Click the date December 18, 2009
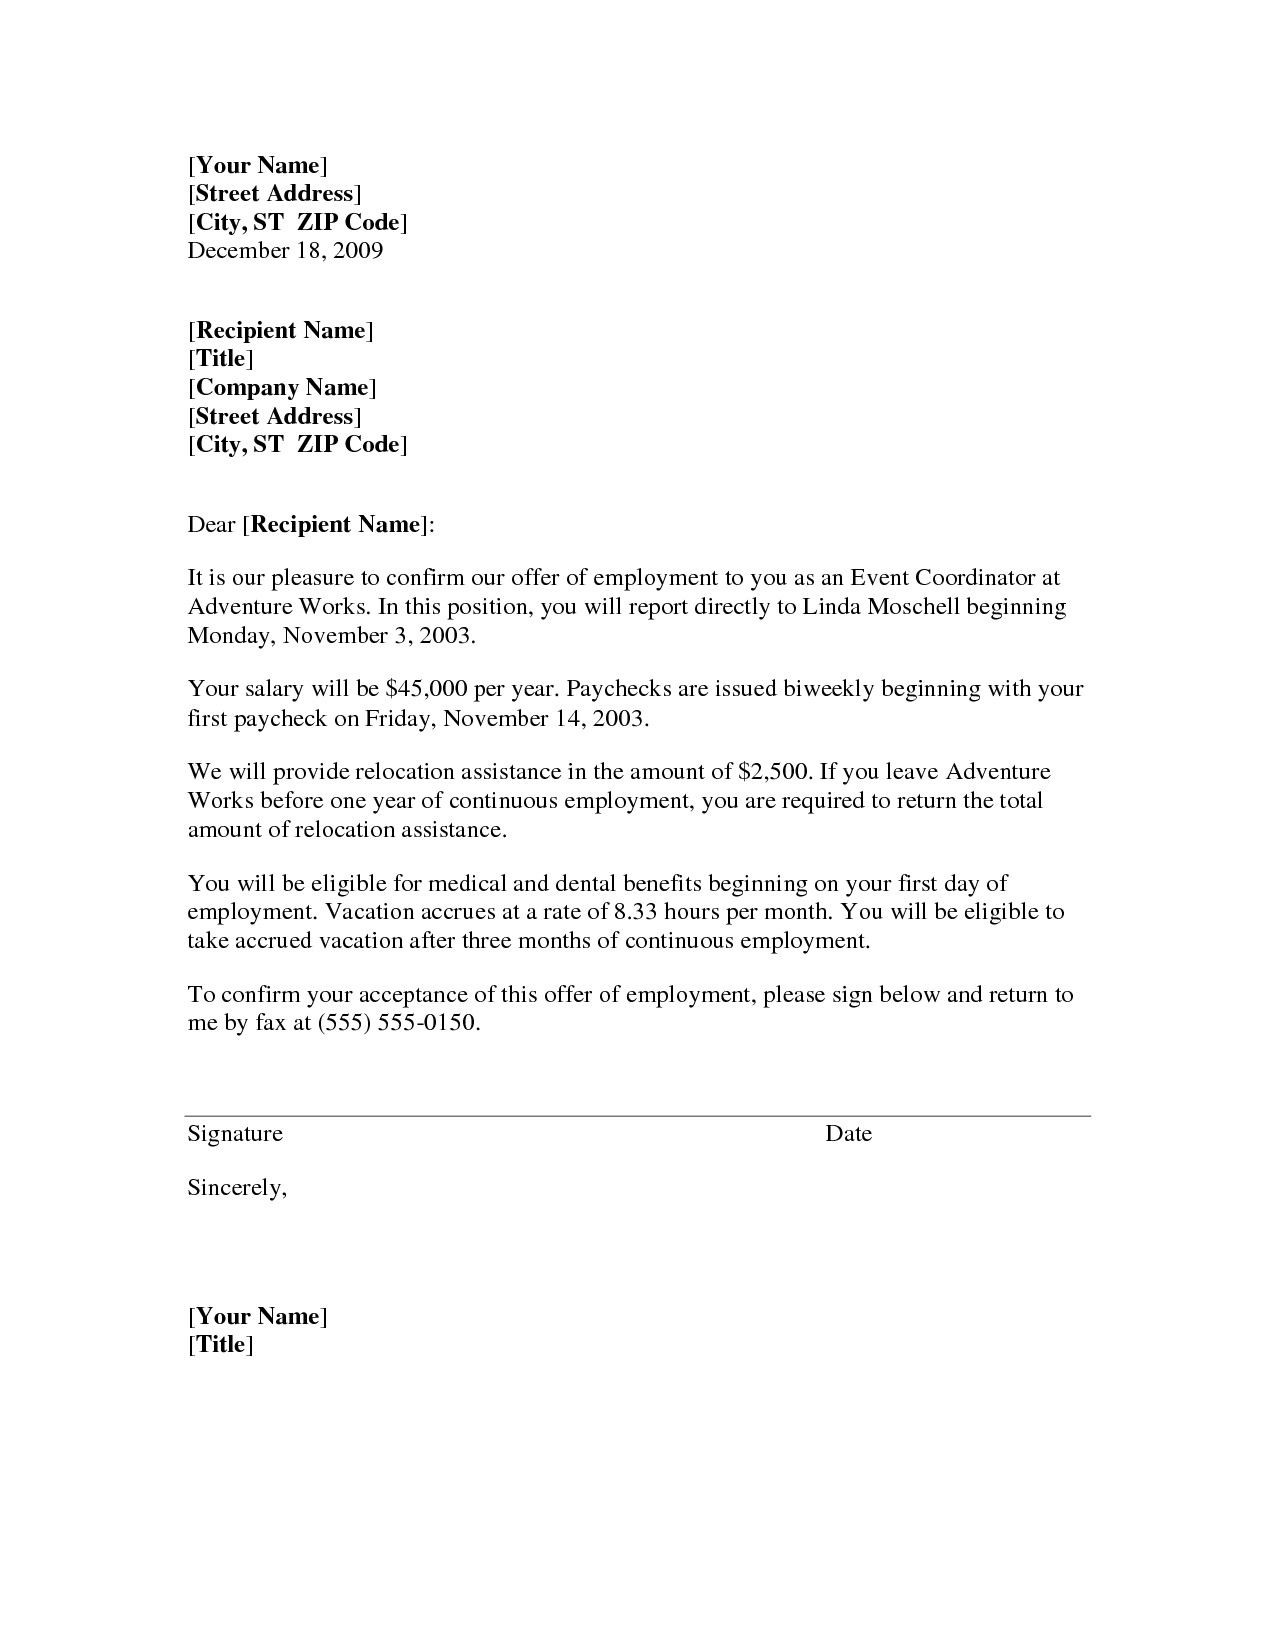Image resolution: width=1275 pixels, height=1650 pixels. coord(285,250)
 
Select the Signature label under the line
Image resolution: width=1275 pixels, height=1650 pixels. coord(235,1133)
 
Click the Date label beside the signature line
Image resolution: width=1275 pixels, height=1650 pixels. coord(848,1133)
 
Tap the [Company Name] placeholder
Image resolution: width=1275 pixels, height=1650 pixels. coord(282,387)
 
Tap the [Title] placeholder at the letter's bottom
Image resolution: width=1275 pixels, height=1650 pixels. coord(221,1344)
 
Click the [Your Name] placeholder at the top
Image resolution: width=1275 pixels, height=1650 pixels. coord(258,165)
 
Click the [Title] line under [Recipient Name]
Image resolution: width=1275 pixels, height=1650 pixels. coord(221,358)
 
